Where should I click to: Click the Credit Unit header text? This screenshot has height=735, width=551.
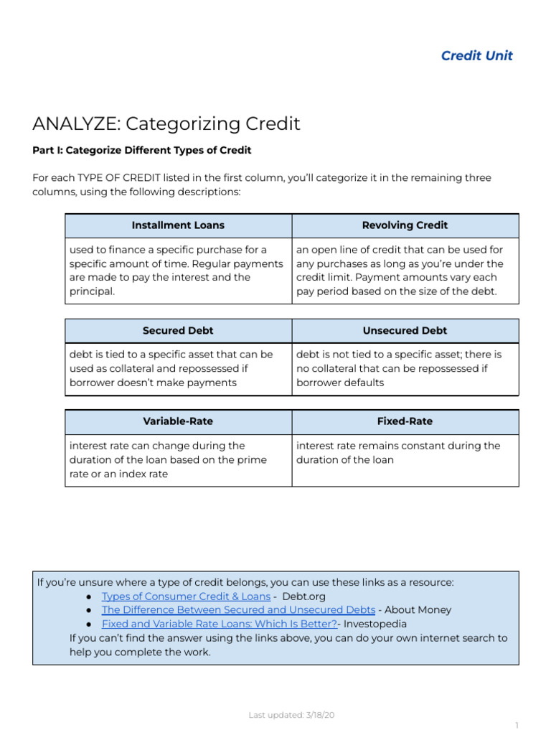click(x=476, y=56)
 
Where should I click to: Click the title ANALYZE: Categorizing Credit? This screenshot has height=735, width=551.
click(x=166, y=124)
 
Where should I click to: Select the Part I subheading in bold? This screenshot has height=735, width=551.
click(x=142, y=151)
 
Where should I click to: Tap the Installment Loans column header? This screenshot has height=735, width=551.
click(x=178, y=225)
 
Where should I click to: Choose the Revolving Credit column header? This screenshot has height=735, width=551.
click(x=405, y=225)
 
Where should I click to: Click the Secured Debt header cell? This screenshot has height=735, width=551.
click(x=178, y=331)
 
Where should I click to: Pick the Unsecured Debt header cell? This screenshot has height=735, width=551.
click(x=405, y=331)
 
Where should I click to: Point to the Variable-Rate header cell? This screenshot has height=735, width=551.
click(x=178, y=421)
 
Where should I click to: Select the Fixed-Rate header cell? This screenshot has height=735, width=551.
click(x=405, y=421)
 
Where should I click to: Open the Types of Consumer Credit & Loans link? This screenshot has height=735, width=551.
click(x=186, y=596)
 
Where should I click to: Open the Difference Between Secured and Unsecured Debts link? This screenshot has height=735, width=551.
click(x=238, y=610)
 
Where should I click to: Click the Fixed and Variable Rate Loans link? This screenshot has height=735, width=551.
click(x=219, y=624)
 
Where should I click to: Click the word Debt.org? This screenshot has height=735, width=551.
click(x=303, y=596)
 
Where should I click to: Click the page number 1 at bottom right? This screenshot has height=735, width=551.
click(x=516, y=726)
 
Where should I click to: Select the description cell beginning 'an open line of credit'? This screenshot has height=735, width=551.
click(x=405, y=271)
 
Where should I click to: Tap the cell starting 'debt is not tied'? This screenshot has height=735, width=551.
click(x=405, y=368)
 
